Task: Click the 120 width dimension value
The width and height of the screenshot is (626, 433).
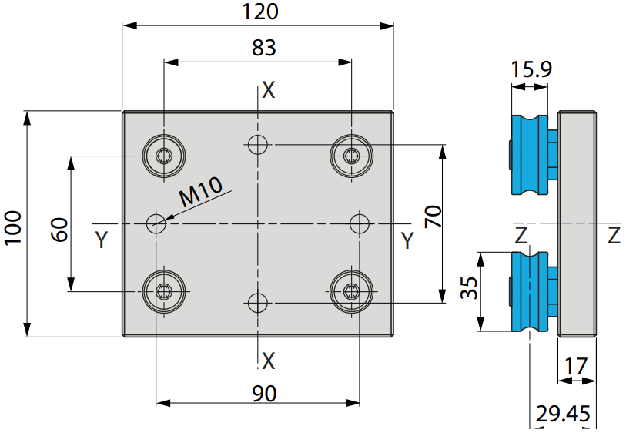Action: [260, 12]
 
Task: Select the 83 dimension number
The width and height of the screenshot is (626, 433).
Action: [264, 48]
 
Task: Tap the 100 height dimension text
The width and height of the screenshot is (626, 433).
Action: [12, 228]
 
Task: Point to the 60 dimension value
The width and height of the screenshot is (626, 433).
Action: [59, 230]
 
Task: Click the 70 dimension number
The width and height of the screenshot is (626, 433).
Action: [433, 216]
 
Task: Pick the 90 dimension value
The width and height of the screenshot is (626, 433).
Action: [264, 394]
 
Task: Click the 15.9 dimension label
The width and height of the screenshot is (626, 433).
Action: [532, 69]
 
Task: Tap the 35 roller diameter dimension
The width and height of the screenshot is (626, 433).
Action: [469, 287]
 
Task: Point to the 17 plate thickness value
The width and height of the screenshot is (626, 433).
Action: [577, 365]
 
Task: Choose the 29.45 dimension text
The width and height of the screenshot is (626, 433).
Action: [563, 414]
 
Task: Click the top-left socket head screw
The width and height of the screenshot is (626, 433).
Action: [164, 156]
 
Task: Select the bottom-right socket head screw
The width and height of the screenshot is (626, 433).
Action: [352, 291]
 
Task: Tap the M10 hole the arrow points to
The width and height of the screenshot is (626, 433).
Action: [156, 223]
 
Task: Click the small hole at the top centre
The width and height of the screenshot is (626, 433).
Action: [258, 145]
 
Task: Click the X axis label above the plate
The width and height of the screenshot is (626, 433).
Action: [269, 90]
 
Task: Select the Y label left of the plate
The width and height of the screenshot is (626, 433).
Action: [102, 240]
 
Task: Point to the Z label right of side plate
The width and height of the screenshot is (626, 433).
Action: [614, 235]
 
